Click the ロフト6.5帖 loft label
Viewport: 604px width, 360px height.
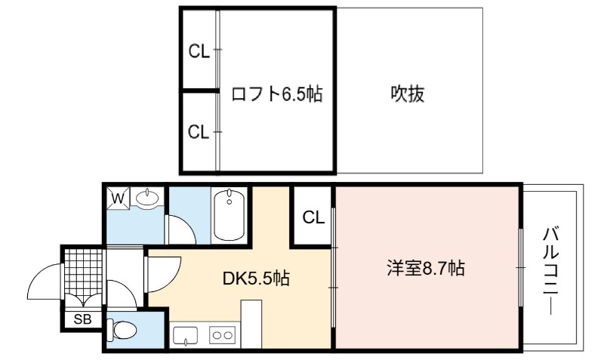click(x=276, y=94)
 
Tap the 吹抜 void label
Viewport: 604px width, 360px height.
click(x=407, y=94)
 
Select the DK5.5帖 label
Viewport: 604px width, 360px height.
click(x=256, y=278)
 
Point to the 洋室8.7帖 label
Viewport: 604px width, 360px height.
click(x=426, y=268)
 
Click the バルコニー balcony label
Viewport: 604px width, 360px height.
click(x=550, y=271)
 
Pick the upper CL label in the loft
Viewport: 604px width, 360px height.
click(x=199, y=51)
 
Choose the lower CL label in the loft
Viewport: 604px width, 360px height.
click(x=199, y=132)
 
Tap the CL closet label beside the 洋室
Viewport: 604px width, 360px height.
click(x=313, y=217)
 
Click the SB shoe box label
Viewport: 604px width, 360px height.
click(x=82, y=319)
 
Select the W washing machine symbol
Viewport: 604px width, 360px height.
click(x=119, y=198)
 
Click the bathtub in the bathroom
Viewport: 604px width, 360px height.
click(x=230, y=215)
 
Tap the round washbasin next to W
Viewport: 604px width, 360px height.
click(x=147, y=198)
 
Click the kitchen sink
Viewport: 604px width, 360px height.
click(x=185, y=335)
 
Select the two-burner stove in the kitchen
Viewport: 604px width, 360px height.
click(x=222, y=335)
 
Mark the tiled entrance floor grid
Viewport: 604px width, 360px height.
click(x=83, y=272)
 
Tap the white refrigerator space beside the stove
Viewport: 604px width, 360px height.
click(x=251, y=325)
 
